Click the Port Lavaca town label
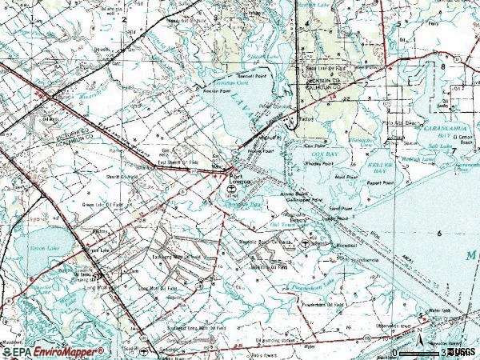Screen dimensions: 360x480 [x=241, y=178]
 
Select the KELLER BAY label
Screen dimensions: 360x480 [x=364, y=162]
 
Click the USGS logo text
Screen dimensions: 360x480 [x=462, y=351]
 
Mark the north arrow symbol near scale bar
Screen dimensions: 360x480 [x=417, y=345]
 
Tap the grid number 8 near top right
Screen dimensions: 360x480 [x=442, y=67]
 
